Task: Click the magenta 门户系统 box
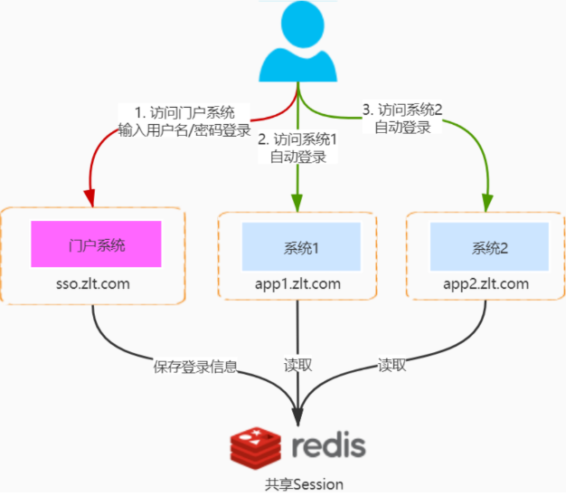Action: pos(96,244)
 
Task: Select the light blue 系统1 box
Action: pos(297,245)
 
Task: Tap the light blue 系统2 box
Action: pos(489,245)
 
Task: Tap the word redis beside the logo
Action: pos(329,445)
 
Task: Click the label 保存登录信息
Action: pos(196,367)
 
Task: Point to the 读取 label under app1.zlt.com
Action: pos(298,366)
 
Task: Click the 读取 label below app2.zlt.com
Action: pos(391,366)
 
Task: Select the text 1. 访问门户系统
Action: pos(184,112)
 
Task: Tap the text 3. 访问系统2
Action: pos(402,110)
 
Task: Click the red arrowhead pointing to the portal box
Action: pos(90,198)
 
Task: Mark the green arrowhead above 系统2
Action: pos(489,200)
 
